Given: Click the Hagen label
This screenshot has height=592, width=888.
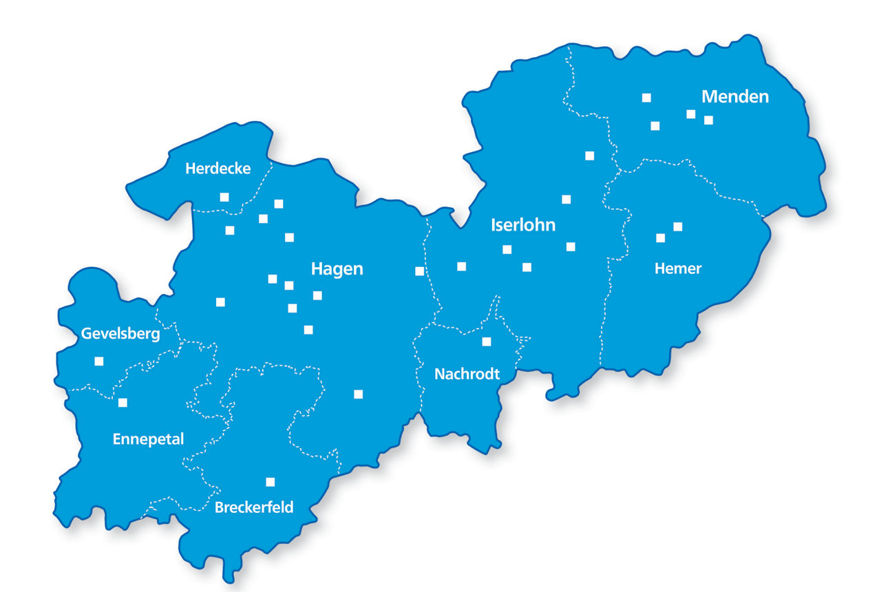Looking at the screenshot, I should click(337, 268).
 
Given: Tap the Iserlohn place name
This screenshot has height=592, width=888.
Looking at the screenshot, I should click(523, 225).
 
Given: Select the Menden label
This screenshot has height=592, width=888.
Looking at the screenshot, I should click(734, 96).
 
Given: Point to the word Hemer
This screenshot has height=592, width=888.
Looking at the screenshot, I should click(678, 268).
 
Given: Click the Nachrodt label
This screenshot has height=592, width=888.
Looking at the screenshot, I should click(467, 374).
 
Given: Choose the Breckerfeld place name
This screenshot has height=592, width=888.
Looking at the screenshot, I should click(254, 508).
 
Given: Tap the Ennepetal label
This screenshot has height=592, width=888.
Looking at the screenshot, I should click(148, 439).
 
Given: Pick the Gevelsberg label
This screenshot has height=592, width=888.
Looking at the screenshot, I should click(120, 334).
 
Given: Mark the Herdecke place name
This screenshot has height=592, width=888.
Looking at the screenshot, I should click(218, 169).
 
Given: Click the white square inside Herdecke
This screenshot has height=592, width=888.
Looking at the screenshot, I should click(224, 197).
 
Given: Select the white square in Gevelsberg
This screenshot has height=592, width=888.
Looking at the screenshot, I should click(99, 361).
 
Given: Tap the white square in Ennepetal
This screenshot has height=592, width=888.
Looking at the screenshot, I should click(123, 403).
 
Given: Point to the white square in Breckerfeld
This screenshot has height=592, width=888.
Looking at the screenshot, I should click(271, 482).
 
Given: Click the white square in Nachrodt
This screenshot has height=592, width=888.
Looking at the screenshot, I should click(487, 341).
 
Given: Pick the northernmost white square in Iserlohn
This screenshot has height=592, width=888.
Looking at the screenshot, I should click(589, 156).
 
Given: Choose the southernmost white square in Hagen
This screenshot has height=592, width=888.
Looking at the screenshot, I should click(358, 394).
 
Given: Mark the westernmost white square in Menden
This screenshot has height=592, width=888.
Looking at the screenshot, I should click(646, 98).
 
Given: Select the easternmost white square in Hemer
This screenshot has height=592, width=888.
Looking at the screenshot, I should click(678, 226).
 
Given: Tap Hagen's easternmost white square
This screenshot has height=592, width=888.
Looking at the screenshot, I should click(419, 271).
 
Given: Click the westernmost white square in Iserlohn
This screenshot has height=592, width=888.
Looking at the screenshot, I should click(462, 266).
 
